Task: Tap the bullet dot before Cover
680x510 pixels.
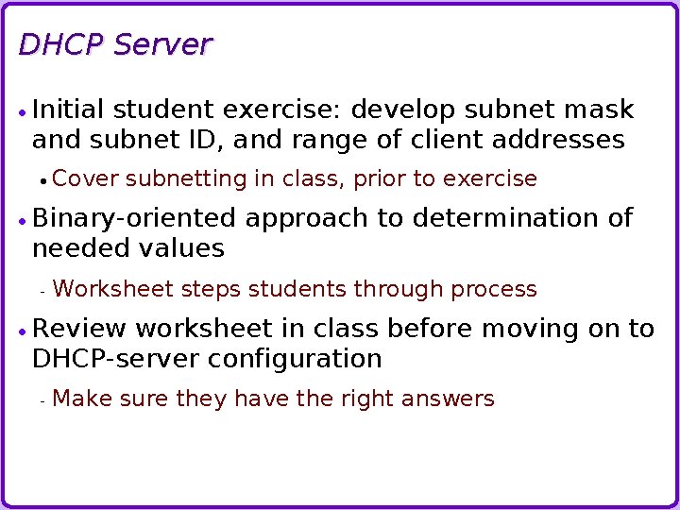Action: [x=42, y=180]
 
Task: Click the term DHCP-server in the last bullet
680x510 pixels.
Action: [x=116, y=359]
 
